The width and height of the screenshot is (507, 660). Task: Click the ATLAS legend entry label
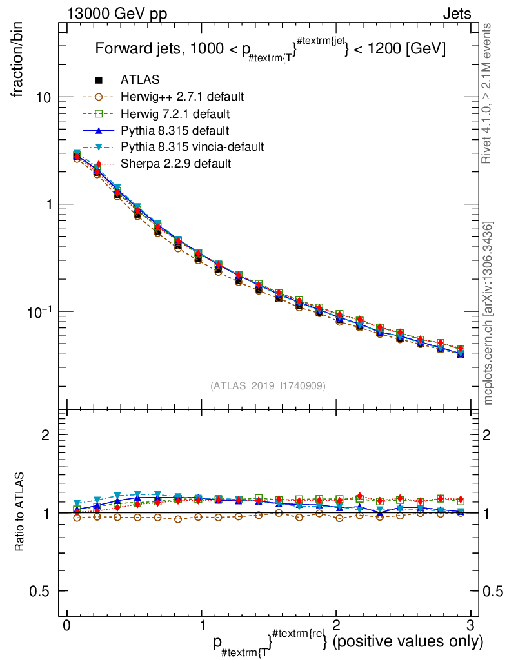point(140,80)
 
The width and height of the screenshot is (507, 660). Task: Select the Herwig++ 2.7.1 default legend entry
point(182,97)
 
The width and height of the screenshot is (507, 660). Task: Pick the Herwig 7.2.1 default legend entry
point(175,113)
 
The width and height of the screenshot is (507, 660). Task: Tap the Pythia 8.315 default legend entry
point(175,130)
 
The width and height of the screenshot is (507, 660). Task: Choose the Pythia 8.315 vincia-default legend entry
point(192,147)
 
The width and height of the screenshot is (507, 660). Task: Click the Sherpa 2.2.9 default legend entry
point(175,164)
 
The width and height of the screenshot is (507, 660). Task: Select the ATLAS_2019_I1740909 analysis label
point(268,385)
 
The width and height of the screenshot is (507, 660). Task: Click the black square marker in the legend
point(99,80)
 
